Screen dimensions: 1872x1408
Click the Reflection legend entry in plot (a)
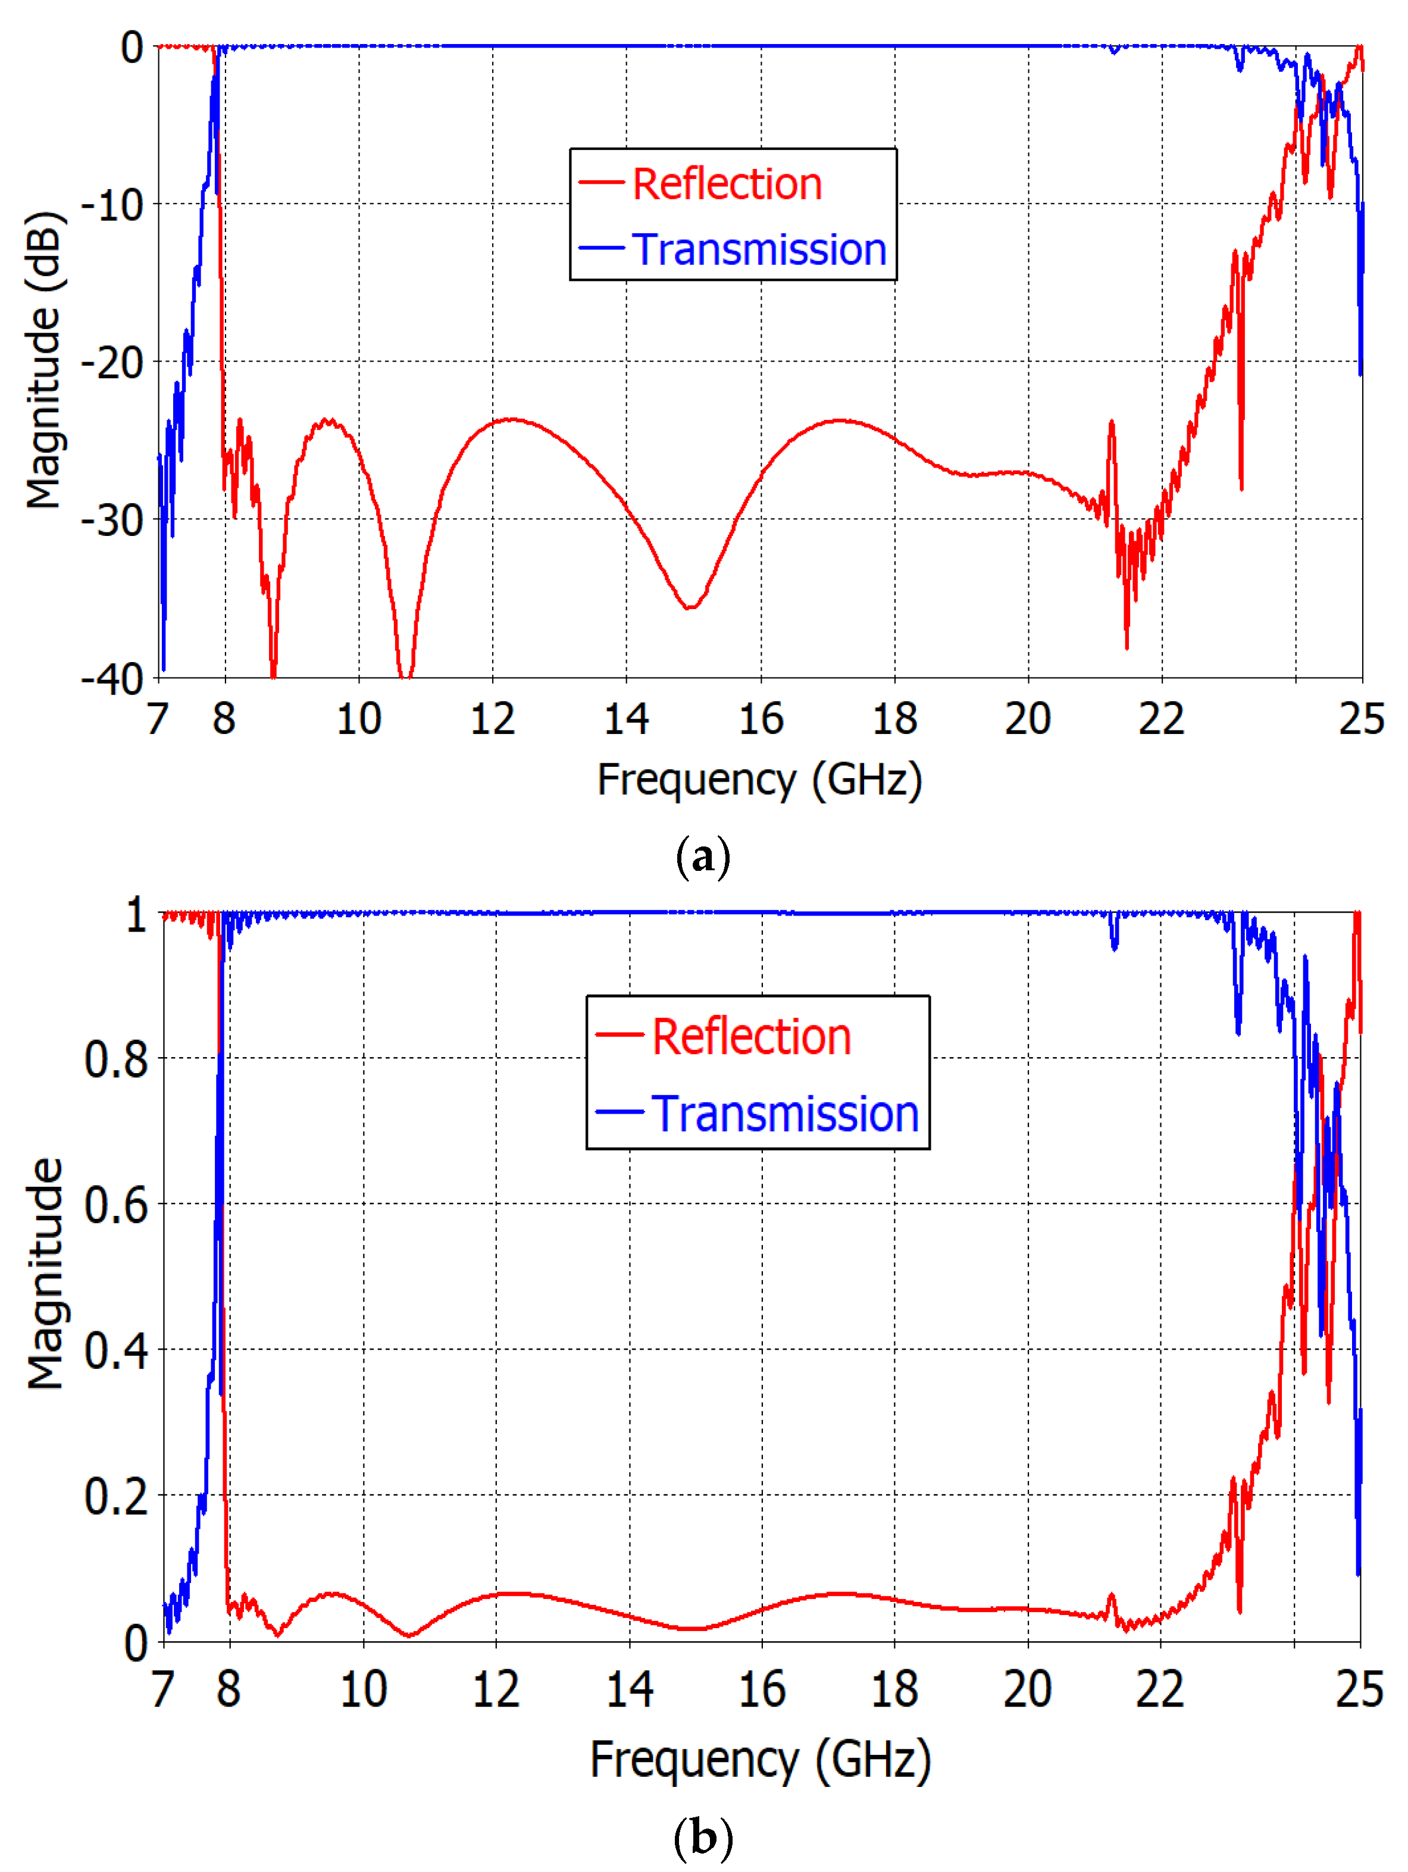[x=727, y=184]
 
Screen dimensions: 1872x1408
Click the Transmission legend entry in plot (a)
[x=759, y=250]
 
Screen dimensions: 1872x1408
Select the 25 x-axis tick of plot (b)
[x=1359, y=1688]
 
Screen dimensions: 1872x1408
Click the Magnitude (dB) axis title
[x=44, y=360]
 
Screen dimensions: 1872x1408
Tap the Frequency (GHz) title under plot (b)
[x=759, y=1760]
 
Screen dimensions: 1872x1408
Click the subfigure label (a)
[x=703, y=857]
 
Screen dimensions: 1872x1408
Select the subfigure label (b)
[x=703, y=1837]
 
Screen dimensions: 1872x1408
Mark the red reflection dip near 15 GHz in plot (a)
[x=690, y=607]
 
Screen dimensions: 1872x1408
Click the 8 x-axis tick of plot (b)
[x=229, y=1688]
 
